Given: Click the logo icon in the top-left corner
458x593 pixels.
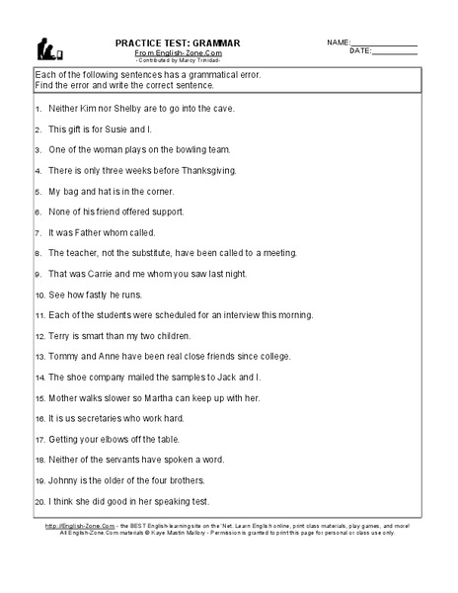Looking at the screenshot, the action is (46, 48).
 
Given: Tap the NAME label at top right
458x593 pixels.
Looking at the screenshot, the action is (338, 42).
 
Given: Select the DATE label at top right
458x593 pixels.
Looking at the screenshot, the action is (360, 50).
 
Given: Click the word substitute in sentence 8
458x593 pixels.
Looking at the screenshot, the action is (149, 253).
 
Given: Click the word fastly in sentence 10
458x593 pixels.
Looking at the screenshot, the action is (102, 295).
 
